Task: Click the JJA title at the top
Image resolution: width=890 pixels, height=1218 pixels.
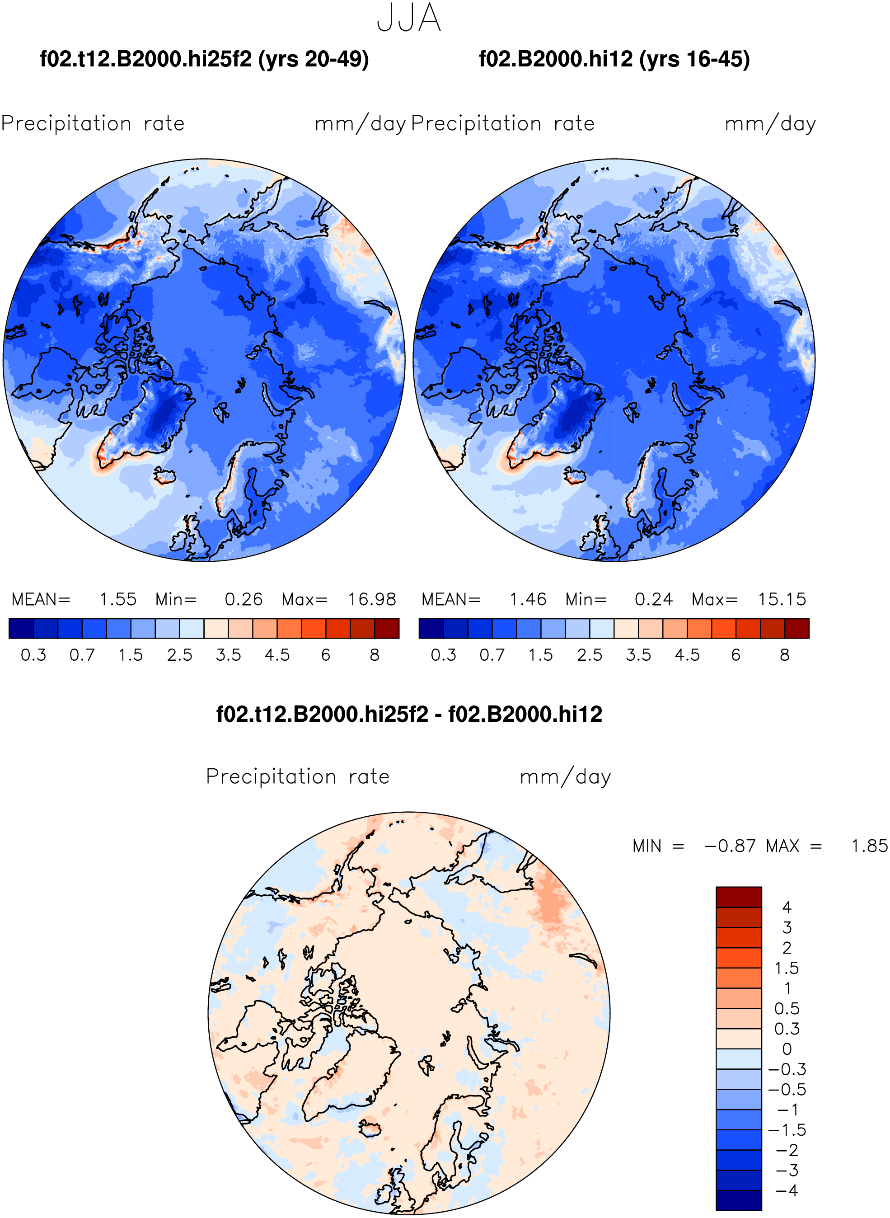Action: click(409, 18)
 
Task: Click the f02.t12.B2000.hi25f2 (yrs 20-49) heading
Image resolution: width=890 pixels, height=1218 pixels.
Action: click(204, 59)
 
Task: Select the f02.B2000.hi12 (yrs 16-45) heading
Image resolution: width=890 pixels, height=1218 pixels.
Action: click(614, 59)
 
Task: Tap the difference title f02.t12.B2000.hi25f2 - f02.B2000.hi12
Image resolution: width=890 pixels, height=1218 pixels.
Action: click(409, 714)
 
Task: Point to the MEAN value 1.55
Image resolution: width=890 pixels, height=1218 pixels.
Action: click(118, 599)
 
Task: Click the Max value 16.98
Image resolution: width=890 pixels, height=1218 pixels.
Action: click(372, 599)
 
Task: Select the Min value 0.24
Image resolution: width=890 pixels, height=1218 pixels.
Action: click(653, 599)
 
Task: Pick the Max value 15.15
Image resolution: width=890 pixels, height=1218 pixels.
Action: click(782, 599)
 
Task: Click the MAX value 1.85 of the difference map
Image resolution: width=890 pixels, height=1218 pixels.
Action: click(869, 846)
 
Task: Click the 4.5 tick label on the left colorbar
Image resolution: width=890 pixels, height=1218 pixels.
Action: click(277, 655)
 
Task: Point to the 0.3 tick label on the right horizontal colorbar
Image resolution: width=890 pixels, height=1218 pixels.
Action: click(443, 655)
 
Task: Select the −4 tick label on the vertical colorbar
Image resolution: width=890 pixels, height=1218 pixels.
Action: click(787, 1190)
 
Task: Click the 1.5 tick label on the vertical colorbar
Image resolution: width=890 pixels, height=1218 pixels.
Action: click(787, 968)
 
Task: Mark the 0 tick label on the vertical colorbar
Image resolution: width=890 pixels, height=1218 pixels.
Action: click(787, 1049)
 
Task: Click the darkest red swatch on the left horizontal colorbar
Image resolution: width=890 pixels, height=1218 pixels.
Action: click(387, 628)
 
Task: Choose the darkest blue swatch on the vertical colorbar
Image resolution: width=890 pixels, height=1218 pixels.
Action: click(739, 1201)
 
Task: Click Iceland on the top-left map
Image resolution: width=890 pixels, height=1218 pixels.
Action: click(165, 475)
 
